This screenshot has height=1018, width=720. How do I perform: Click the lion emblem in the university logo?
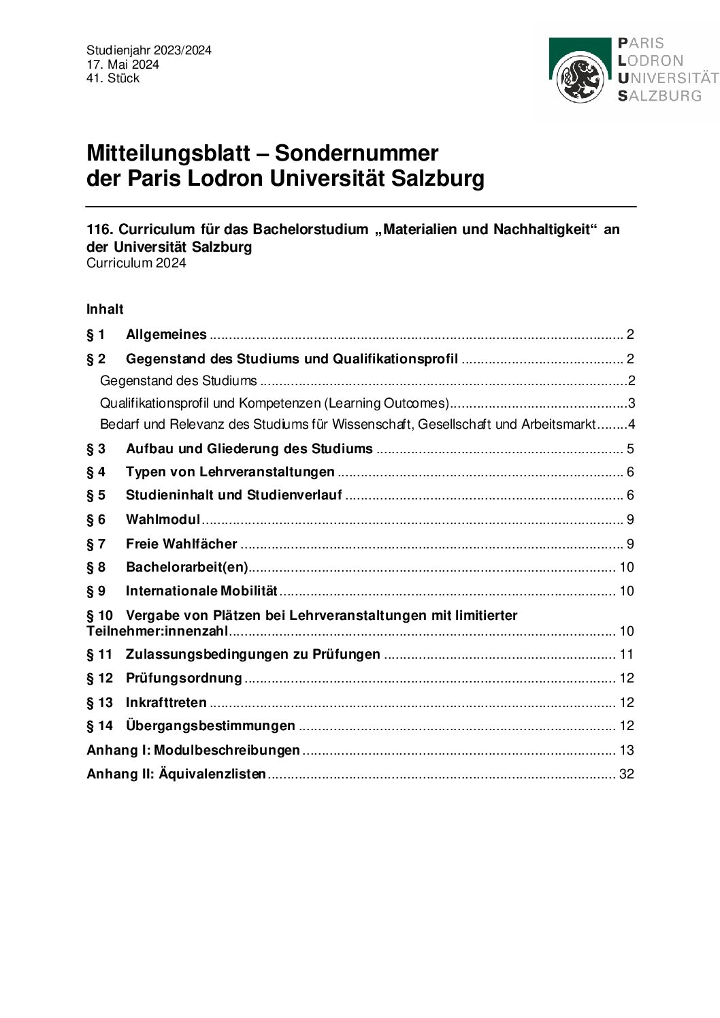coord(580,79)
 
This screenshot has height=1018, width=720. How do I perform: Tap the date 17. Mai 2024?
coord(122,65)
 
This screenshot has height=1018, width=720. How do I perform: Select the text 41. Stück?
coord(113,78)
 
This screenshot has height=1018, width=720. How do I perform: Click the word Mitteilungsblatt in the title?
coord(168,153)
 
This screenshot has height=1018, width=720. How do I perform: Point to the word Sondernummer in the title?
coord(356,153)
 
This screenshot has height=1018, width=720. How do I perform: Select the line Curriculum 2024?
coord(136,263)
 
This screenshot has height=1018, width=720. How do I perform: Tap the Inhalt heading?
coord(105,309)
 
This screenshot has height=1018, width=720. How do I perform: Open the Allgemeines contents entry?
coord(166,334)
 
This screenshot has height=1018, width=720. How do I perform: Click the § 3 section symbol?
coord(96,448)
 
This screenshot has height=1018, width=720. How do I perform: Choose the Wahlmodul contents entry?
coord(163,519)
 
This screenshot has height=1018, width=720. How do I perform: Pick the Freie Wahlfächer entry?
coord(181,544)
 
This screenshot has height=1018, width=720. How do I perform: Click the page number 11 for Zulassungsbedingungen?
coord(626,654)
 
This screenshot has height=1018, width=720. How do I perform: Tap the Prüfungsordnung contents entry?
coord(184,678)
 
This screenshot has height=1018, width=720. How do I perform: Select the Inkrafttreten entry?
coord(166,702)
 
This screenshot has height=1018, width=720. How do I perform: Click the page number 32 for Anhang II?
coord(626,774)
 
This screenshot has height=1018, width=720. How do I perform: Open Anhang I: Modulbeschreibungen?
coord(193,750)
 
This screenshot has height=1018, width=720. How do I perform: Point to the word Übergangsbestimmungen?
coord(210,725)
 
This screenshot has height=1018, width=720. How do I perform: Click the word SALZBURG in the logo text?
coord(659,96)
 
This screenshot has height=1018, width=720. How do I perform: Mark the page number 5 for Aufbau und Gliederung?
coord(630,448)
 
